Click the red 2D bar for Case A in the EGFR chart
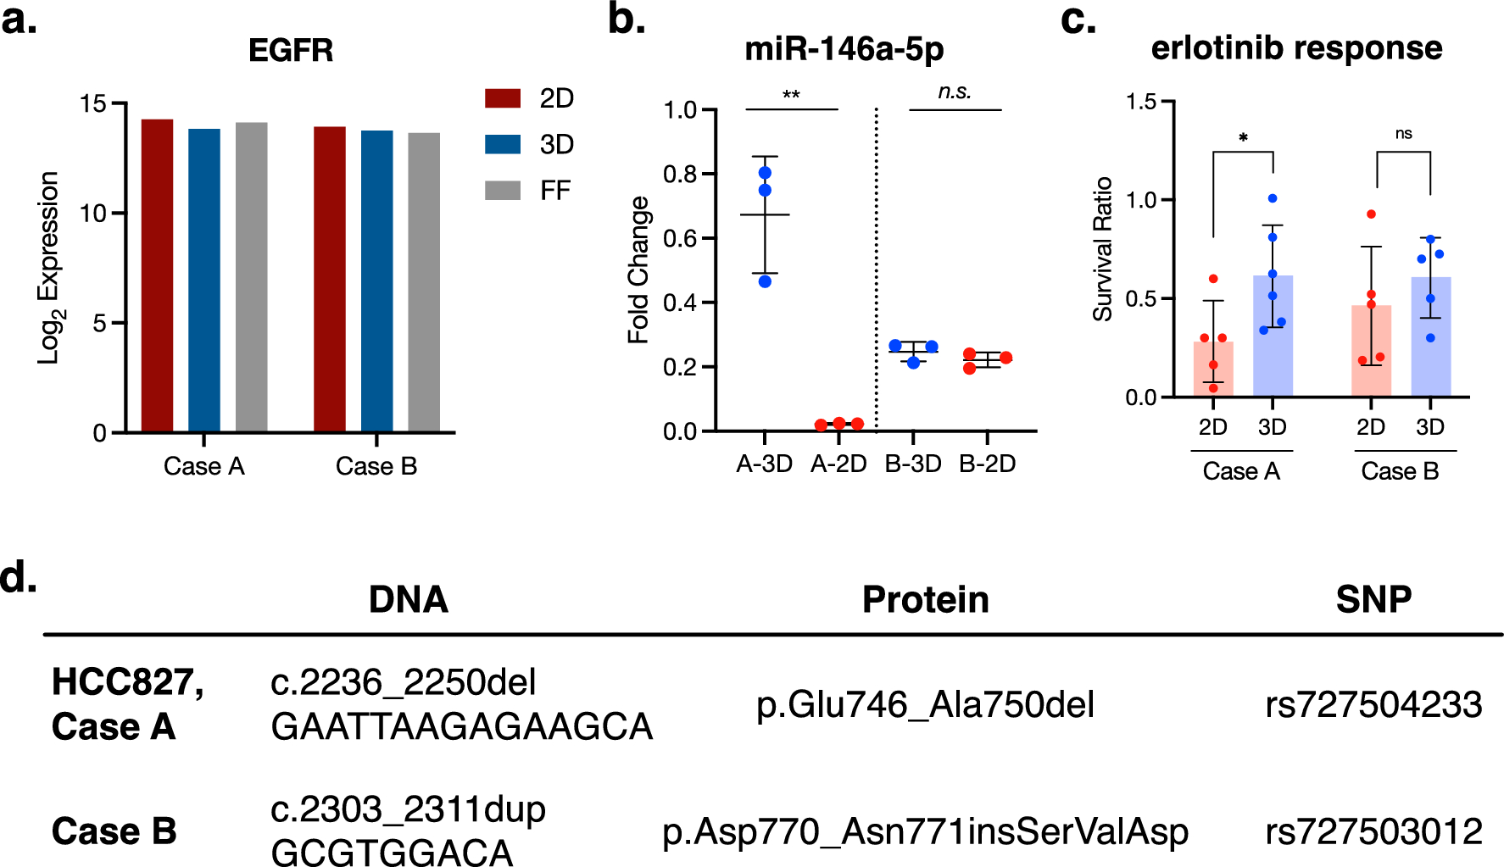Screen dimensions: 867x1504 (x=157, y=275)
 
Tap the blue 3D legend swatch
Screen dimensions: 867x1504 (x=502, y=144)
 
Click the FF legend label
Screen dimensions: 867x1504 (x=555, y=191)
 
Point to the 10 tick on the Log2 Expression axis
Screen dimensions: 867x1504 (x=93, y=213)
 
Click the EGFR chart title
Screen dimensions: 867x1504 (x=291, y=50)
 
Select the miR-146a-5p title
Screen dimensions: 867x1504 (x=844, y=49)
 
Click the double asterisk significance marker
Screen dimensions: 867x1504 (x=791, y=95)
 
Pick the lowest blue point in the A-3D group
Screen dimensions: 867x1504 (x=765, y=281)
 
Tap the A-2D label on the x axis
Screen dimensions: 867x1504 (x=838, y=464)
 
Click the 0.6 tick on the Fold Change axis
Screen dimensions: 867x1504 (x=679, y=238)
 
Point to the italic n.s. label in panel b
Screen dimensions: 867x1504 (x=955, y=92)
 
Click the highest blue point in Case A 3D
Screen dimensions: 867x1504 (x=1273, y=198)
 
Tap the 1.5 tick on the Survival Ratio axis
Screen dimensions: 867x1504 (x=1141, y=102)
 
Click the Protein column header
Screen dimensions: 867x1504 (x=925, y=599)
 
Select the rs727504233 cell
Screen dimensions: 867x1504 (x=1373, y=704)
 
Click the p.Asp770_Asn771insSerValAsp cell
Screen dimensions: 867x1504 (x=925, y=831)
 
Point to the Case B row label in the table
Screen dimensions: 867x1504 (x=114, y=831)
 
